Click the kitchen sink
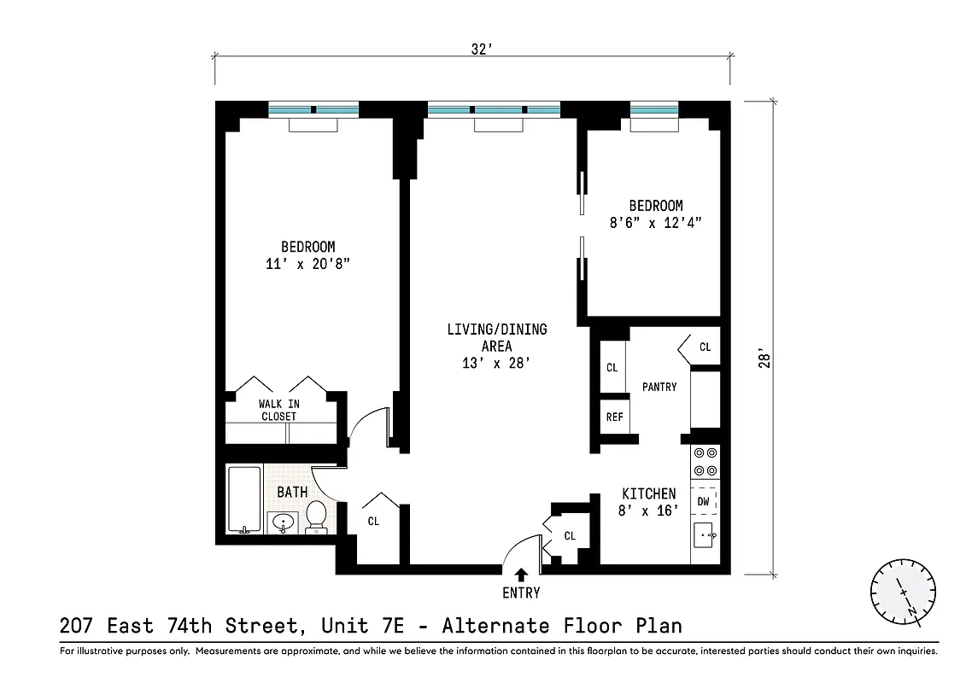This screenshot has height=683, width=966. point(704,537)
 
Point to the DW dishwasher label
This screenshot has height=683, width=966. point(703,501)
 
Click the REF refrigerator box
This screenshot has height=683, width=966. point(614,417)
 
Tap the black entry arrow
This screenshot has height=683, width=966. point(521,575)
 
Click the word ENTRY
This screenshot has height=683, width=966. point(521,593)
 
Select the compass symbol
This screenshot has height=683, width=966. point(903,591)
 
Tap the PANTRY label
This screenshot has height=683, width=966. point(659,387)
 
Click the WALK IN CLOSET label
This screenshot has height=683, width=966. point(278,410)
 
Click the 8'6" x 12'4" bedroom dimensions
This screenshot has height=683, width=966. point(656,223)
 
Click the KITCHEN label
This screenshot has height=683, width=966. point(648,493)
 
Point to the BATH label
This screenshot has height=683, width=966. point(292,492)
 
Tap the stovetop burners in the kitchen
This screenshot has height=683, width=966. point(705,462)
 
